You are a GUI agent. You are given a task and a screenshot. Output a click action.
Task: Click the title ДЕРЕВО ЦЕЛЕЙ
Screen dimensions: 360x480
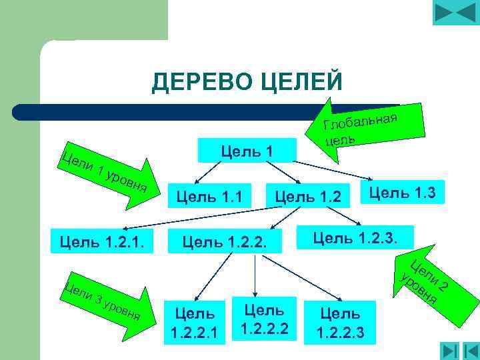coord(247,82)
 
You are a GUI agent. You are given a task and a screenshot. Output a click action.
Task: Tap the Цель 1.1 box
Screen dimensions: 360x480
coord(209,196)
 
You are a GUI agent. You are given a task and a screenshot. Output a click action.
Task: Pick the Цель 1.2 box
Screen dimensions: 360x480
coord(307,196)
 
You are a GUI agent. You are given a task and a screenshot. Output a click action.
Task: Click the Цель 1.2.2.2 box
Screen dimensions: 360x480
coord(263,318)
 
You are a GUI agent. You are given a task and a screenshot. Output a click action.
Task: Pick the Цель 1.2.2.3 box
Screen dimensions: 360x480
coord(340,321)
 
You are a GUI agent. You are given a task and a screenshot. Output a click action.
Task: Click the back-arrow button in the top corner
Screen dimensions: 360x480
coord(455,13)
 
